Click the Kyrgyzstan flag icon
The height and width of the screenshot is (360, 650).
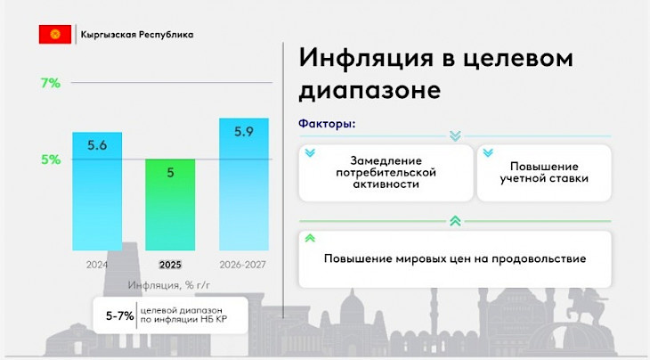tap(54, 35)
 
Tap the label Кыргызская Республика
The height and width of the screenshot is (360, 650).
tap(136, 35)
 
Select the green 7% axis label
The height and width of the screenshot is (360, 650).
tap(50, 83)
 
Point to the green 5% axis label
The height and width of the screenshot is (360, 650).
tap(50, 160)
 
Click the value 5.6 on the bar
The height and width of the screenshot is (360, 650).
tap(97, 144)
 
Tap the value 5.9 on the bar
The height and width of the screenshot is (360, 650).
tap(243, 132)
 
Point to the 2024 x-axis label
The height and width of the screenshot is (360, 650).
tap(97, 265)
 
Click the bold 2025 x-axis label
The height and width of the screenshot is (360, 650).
tap(170, 265)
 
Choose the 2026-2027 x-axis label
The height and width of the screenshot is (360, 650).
tap(243, 265)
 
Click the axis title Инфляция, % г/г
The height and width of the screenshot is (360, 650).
tap(169, 284)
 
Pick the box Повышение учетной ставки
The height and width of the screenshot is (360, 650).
tap(544, 173)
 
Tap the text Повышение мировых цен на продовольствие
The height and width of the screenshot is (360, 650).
tap(454, 259)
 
